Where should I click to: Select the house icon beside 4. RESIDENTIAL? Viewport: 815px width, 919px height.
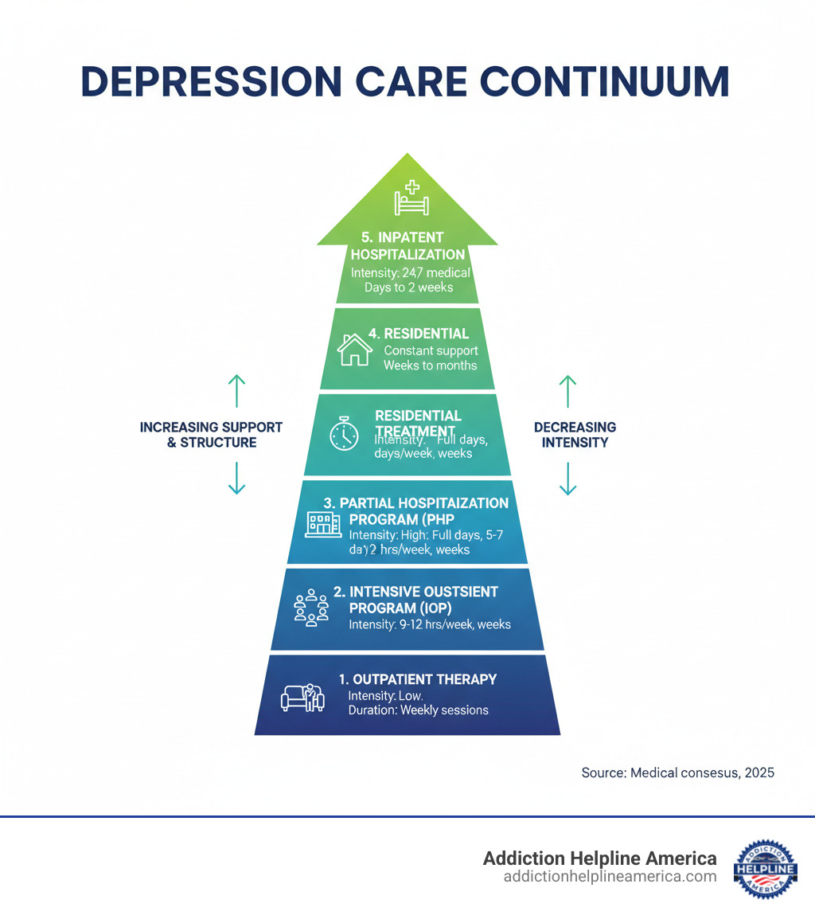pyautogui.click(x=355, y=350)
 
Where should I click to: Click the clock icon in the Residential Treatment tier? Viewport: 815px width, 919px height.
pyautogui.click(x=345, y=435)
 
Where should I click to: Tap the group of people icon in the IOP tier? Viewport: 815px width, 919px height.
pyautogui.click(x=311, y=609)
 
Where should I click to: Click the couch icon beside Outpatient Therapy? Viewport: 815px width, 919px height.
pyautogui.click(x=302, y=698)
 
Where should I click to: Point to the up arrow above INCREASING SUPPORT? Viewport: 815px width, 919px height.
pyautogui.click(x=236, y=391)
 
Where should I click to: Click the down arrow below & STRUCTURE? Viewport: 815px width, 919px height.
pyautogui.click(x=236, y=478)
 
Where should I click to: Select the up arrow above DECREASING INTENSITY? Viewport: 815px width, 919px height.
pyautogui.click(x=567, y=391)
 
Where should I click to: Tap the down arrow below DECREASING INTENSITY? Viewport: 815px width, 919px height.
pyautogui.click(x=567, y=478)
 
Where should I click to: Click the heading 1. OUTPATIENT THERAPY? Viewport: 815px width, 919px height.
pyautogui.click(x=417, y=679)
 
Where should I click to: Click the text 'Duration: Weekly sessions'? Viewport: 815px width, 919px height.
pyautogui.click(x=419, y=710)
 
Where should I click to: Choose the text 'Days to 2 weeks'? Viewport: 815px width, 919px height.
pyautogui.click(x=408, y=287)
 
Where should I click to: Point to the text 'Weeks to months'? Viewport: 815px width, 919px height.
pyautogui.click(x=430, y=365)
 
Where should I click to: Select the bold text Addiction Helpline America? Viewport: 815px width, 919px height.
pyautogui.click(x=599, y=858)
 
